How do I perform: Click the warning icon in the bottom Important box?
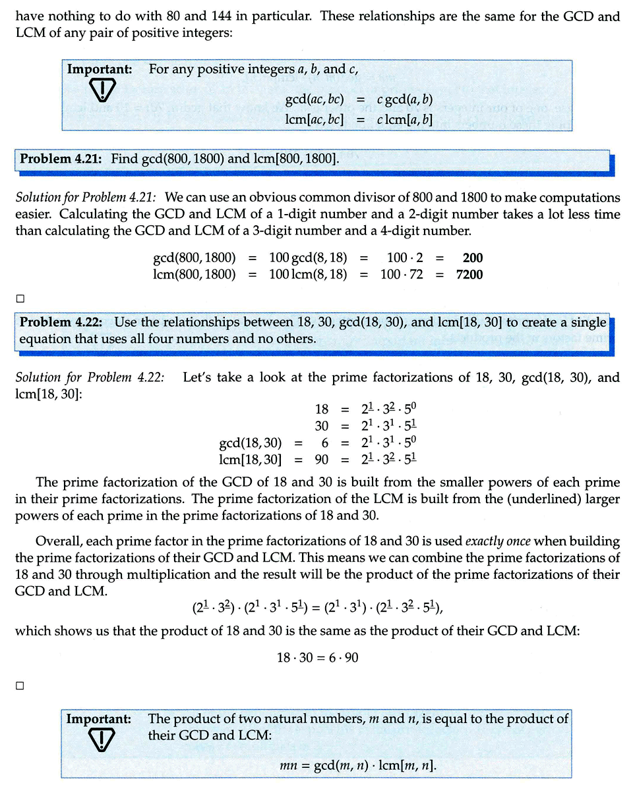[x=102, y=740]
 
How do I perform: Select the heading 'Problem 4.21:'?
[x=63, y=159]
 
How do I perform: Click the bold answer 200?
[x=472, y=258]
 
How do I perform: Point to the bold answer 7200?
[x=469, y=274]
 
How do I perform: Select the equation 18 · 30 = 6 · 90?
[x=317, y=657]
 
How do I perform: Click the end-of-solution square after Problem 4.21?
[x=20, y=299]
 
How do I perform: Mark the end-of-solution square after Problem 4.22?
[x=20, y=686]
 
